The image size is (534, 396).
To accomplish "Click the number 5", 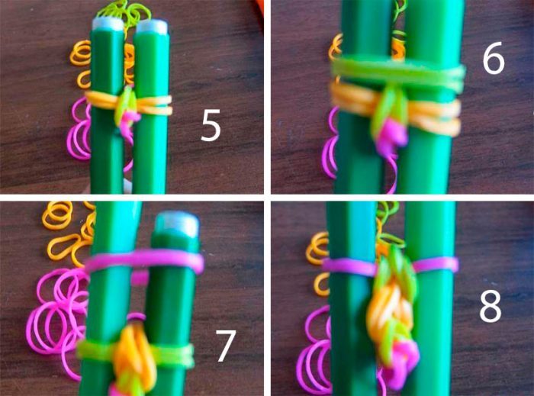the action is pos(211,126).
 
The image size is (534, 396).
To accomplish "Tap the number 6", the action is pos(494,57).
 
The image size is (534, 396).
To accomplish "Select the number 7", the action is pos(226,346).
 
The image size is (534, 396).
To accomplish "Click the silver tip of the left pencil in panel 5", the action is pos(108,24).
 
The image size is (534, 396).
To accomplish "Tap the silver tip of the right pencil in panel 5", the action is pos(152,27).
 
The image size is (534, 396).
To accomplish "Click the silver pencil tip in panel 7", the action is pos(177,224).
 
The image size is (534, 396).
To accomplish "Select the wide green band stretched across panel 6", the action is pos(398,72).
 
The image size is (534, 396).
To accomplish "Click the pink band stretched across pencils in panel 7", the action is pos(145,261).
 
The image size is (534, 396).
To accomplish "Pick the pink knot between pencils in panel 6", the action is pos(391,136).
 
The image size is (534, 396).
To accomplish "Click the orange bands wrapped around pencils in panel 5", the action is pos(129,102).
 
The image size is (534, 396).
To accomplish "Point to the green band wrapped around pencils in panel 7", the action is pos(137,354).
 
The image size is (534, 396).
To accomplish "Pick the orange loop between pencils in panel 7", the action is pos(134,354).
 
